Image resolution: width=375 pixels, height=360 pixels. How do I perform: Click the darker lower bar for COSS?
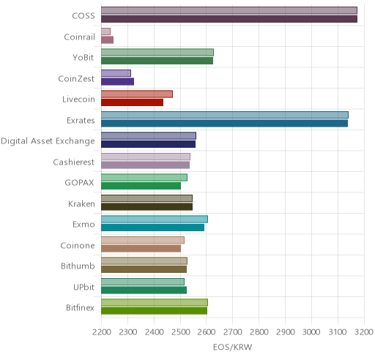(229, 19)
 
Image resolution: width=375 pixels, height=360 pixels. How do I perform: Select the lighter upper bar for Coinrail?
(105, 31)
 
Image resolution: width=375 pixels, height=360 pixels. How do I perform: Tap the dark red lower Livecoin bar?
(133, 102)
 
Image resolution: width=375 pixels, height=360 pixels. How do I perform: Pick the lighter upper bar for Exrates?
(225, 115)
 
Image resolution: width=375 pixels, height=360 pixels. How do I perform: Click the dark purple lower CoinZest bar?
(118, 81)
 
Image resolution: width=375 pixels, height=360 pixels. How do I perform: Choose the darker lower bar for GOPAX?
(141, 186)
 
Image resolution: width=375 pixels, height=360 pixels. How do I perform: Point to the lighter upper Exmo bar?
(155, 219)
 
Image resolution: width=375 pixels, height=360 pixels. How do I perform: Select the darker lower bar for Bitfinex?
(155, 311)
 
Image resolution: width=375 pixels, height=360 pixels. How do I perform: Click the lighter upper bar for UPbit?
(143, 282)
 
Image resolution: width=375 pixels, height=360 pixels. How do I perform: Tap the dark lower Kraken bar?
(147, 207)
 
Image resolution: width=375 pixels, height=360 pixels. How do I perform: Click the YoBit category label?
(83, 58)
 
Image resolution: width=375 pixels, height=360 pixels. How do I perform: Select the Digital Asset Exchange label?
(48, 141)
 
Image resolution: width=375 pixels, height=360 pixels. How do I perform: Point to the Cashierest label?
(73, 162)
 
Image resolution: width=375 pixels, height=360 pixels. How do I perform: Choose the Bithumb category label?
(78, 266)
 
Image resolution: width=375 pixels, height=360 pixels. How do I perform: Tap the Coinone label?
(78, 245)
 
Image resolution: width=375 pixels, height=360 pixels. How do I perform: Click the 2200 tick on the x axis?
(101, 332)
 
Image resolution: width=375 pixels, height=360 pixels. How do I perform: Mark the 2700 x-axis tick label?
(233, 332)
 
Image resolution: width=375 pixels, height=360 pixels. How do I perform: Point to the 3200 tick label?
(364, 332)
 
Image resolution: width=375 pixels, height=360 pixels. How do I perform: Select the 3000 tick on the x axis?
(311, 332)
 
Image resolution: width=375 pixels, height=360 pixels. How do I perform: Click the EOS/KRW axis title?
(232, 347)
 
